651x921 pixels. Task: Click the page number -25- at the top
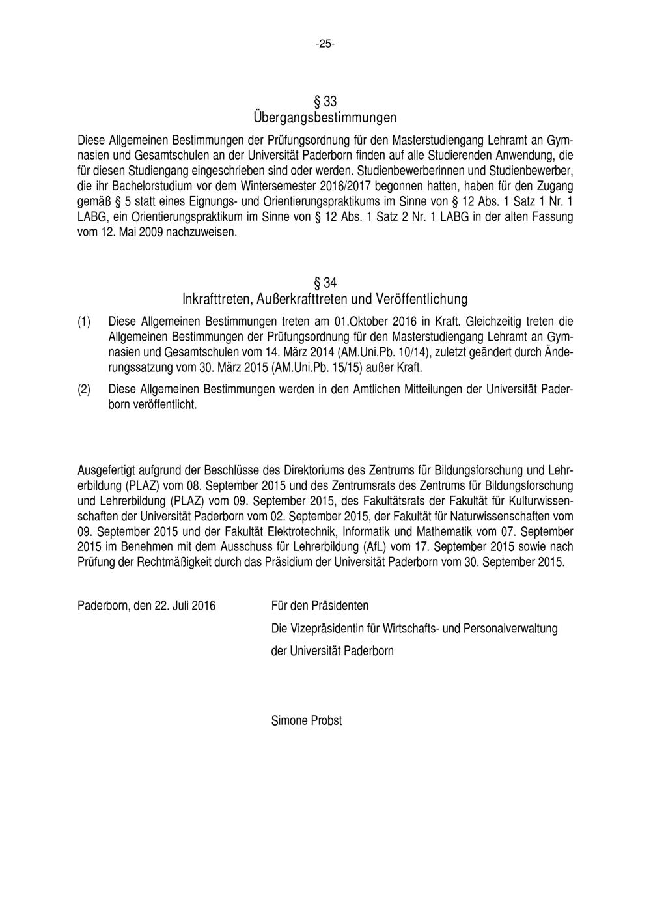[325, 44]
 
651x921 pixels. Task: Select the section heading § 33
[325, 102]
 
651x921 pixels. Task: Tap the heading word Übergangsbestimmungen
[325, 119]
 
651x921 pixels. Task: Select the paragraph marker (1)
[84, 322]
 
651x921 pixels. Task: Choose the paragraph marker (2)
[84, 390]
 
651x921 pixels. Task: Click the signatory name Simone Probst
[306, 720]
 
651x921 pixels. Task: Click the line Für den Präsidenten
[320, 606]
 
